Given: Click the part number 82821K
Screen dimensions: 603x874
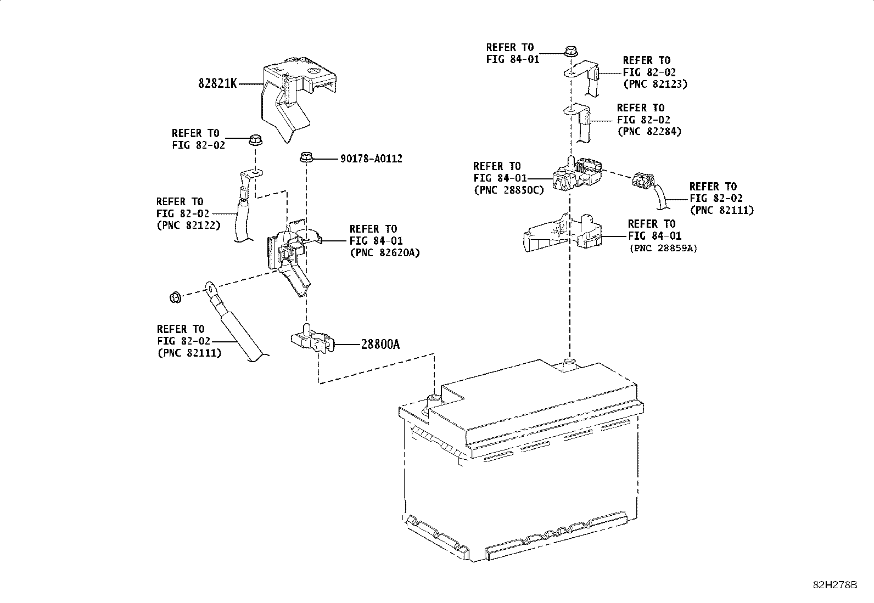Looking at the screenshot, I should [217, 84].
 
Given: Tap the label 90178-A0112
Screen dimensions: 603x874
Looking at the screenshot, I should [371, 159].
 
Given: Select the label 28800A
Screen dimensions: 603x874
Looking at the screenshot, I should [380, 345].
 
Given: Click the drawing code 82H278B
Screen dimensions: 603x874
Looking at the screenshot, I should [835, 585].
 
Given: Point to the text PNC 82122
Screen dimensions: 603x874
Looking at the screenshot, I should [188, 226].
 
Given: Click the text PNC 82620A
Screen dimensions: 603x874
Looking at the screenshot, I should [384, 253].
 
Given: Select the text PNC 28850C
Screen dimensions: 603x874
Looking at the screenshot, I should [508, 190].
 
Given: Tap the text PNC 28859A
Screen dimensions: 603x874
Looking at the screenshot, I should [663, 248].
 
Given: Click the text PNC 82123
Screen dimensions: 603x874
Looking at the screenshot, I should [655, 84].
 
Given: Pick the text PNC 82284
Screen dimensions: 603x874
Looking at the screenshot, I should [649, 132].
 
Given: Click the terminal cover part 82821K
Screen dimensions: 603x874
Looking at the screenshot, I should [291, 96].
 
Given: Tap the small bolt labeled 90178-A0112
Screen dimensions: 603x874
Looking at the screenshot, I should [306, 158].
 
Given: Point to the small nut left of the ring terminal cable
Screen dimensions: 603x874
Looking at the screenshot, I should [175, 298].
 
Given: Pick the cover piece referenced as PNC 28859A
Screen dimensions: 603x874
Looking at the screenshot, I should [560, 233].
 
